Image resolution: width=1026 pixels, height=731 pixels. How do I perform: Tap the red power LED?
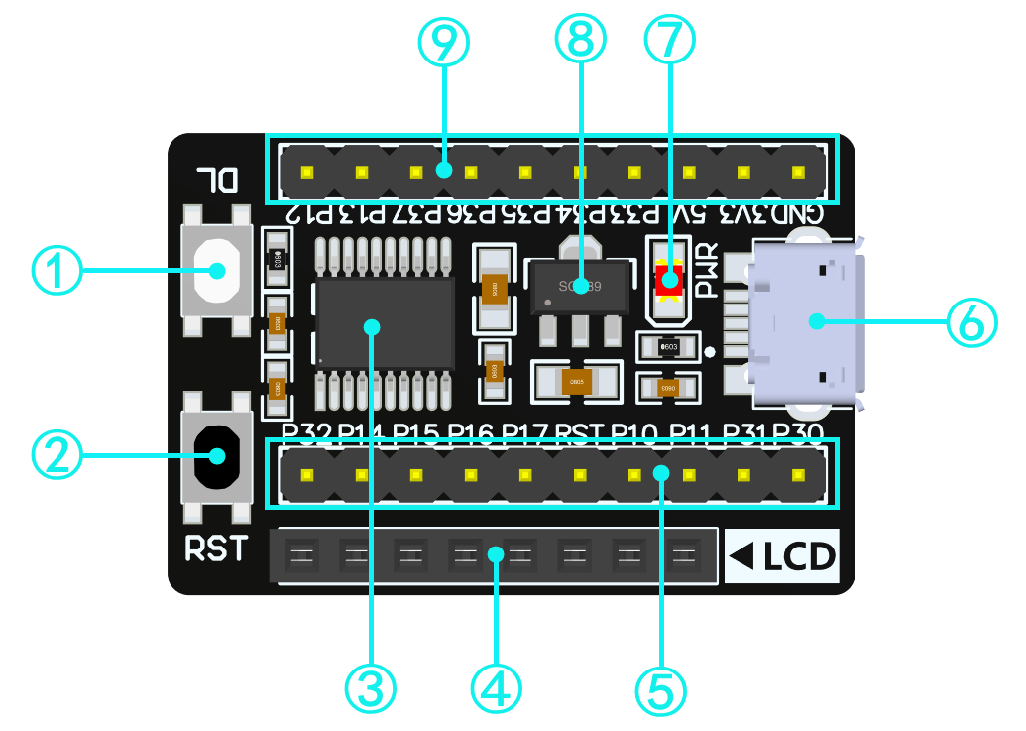coord(670,279)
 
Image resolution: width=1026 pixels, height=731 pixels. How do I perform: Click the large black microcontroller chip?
coord(385,325)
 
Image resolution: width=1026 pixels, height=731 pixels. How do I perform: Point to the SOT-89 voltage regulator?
coord(580,289)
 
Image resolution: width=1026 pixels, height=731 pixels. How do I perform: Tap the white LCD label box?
coord(783,556)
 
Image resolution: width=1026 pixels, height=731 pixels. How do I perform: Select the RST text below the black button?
coord(215,548)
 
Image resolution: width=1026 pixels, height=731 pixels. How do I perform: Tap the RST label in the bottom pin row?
coord(579,432)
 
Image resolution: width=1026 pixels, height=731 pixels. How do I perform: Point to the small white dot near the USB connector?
coord(710,351)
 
